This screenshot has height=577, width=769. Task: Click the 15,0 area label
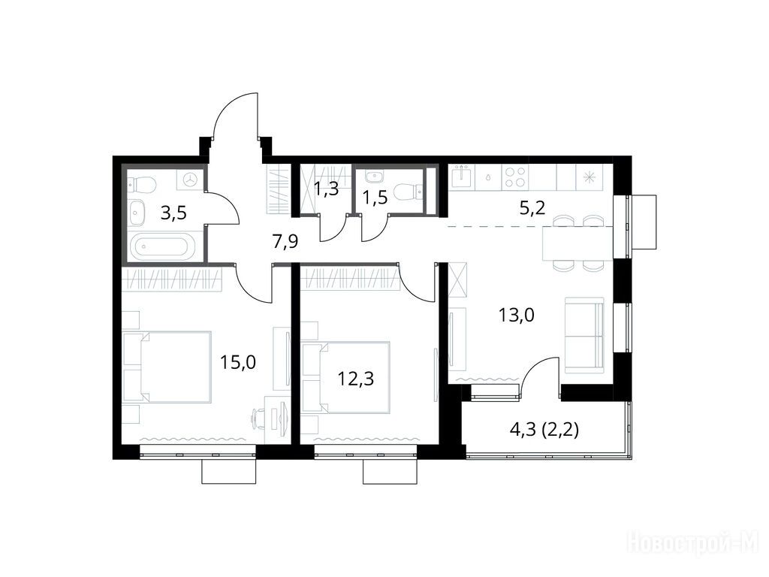click(238, 363)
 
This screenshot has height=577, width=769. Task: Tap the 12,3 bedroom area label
click(355, 379)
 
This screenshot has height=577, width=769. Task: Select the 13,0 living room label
click(517, 315)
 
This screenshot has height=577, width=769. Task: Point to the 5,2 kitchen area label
click(532, 209)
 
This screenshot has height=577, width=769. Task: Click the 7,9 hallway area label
click(285, 242)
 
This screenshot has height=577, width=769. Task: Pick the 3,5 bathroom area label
click(173, 214)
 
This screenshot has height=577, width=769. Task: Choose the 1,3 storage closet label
click(326, 189)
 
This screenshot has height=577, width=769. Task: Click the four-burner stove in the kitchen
click(515, 177)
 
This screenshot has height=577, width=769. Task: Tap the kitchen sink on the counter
click(463, 177)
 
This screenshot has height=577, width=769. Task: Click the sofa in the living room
click(584, 334)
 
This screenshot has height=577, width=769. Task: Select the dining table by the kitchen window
click(578, 243)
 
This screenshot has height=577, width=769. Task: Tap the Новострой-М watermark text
click(695, 542)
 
